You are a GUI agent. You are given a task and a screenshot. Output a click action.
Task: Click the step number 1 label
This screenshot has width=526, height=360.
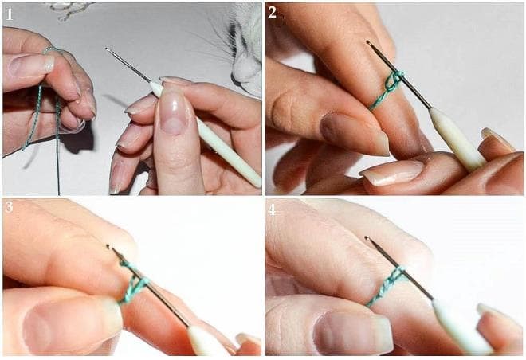pos(9,14)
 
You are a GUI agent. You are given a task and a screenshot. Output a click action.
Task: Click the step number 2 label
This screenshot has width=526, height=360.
pos(273,13)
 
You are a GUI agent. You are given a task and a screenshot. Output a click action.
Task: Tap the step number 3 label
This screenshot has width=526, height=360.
pos(9,207)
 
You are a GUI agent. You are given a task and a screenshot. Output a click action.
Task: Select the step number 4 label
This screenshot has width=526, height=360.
pos(272,209)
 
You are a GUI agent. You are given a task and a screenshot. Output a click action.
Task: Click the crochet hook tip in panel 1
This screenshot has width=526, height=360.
pos(107,49)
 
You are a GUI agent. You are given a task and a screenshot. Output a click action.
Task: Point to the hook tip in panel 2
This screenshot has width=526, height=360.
pos(368,42)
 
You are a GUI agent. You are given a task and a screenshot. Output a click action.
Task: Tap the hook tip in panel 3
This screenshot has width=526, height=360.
pos(108,247)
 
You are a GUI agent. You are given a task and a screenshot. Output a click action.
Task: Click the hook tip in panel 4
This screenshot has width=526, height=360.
pos(367,238)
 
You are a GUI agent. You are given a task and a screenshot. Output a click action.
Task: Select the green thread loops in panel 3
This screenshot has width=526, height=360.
pos(134,283)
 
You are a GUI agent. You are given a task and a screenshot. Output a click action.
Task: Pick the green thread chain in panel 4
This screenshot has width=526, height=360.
pos(387,285)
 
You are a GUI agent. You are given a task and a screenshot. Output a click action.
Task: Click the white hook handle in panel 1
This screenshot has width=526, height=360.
pos(206,133)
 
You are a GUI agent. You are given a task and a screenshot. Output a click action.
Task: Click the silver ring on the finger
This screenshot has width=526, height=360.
pos(49,50)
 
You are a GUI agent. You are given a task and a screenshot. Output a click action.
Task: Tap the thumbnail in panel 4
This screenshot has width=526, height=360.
pos(353,333)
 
